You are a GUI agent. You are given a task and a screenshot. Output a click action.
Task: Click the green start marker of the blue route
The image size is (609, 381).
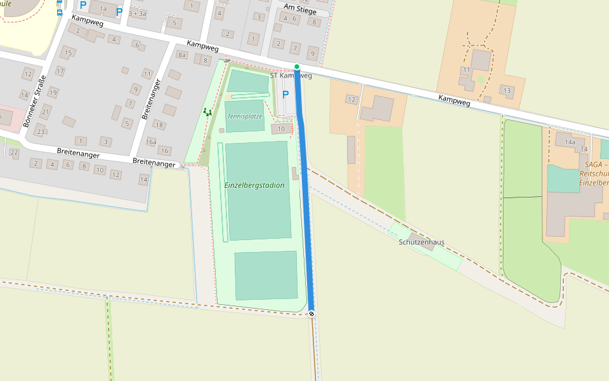tap(296, 67)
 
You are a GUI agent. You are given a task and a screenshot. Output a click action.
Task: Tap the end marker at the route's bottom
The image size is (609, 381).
tap(311, 314)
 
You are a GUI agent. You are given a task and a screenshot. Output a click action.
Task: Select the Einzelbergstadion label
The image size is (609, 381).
tap(254, 185)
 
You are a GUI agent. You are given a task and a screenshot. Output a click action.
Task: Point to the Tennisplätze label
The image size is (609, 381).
tap(244, 116)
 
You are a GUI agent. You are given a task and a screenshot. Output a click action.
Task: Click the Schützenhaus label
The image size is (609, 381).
tap(421, 243)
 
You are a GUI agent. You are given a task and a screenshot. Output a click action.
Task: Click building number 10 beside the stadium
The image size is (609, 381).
tap(281, 129)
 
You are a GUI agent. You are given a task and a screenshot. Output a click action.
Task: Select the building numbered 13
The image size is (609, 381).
tap(506, 90)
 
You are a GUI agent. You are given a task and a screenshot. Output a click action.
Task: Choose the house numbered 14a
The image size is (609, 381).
tap(570, 142)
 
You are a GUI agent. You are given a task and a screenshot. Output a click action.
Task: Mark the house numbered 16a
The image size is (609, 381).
tap(151, 142)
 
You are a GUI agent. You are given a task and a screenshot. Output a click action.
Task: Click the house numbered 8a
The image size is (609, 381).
tap(182, 55)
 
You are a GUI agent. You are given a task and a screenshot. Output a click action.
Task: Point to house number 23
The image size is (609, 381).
tap(41, 131)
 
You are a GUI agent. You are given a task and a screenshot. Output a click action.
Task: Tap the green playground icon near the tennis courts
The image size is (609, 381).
tap(207, 112)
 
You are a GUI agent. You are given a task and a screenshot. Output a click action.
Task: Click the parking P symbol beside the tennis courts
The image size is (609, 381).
tap(285, 95)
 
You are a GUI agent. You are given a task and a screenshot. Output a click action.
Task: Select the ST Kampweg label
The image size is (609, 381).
tap(291, 76)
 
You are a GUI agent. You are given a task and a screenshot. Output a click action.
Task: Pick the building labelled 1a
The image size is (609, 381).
tap(103, 9)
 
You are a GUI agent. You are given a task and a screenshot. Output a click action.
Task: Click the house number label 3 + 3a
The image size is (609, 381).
tap(137, 13)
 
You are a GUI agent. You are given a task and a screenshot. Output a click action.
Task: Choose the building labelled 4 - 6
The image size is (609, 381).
tap(290, 19)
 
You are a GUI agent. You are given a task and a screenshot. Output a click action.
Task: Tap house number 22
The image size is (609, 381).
tap(14, 153)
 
